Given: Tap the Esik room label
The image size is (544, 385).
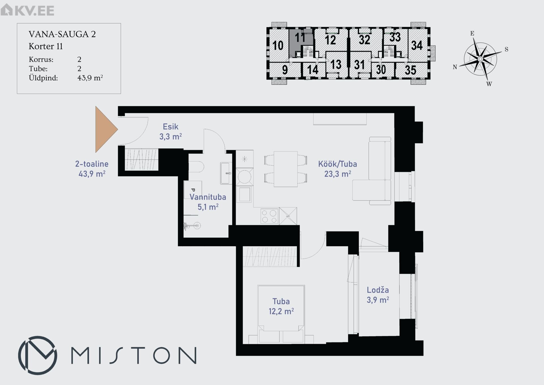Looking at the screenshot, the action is [x=171, y=127].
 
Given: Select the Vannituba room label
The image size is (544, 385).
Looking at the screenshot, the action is [x=208, y=197].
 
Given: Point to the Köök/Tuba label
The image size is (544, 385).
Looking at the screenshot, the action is [x=337, y=164].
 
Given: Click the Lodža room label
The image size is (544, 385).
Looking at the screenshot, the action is [x=378, y=290].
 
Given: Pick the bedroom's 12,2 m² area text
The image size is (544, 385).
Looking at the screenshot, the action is [x=281, y=311].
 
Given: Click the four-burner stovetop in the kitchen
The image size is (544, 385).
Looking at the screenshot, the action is [x=269, y=216].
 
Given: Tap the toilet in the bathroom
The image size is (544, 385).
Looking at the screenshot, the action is [x=196, y=167].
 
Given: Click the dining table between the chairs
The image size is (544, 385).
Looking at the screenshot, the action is [x=286, y=169].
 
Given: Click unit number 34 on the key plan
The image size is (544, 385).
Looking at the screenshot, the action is [x=417, y=45].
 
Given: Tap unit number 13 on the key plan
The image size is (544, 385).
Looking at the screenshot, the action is [x=336, y=64].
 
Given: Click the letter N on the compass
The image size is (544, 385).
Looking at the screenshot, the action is [x=455, y=67].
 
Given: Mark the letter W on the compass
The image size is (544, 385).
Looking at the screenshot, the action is [x=489, y=84].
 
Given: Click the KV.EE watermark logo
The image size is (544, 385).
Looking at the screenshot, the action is [x=27, y=10].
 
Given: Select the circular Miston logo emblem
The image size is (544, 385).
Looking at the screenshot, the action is [x=38, y=355].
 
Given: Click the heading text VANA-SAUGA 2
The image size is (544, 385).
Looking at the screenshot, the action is [x=62, y=34].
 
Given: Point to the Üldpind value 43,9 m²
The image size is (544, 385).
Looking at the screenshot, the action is [x=90, y=78].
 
